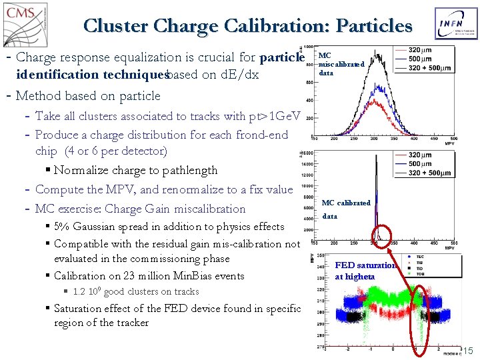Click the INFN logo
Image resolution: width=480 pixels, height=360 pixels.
pos(455,25)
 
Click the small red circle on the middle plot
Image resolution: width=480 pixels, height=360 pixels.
pos(382,233)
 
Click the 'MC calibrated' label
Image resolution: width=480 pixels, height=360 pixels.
pos(346,203)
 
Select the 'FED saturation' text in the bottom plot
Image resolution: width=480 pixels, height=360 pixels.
pos(365,265)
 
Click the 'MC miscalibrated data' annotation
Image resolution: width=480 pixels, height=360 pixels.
pos(341,64)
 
